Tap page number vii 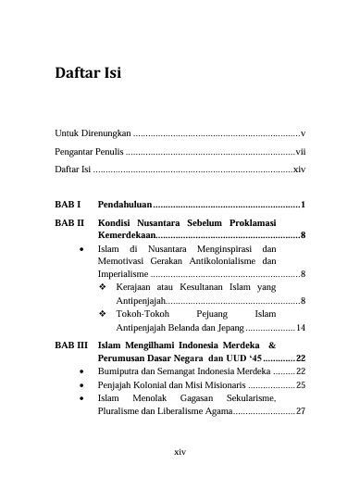coord(300,152)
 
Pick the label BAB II coord(69,223)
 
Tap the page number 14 coord(300,328)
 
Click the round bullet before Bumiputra coord(84,370)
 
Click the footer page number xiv coord(180,451)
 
